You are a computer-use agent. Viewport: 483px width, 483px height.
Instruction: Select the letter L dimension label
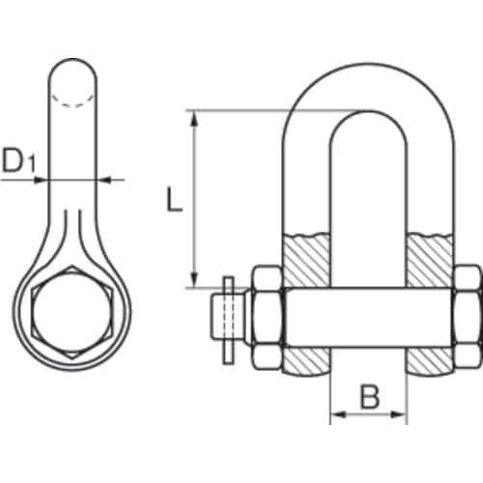pos(171,201)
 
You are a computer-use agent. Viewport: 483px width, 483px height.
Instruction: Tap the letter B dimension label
pos(368,396)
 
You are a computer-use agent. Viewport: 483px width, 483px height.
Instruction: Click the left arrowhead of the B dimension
pos(337,416)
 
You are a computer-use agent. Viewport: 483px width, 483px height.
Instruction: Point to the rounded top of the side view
pos(71,71)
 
